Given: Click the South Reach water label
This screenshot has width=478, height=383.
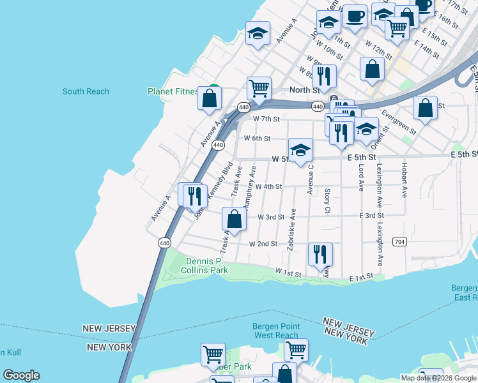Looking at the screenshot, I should pos(86,91).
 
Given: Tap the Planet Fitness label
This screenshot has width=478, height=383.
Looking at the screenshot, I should pos(173,91).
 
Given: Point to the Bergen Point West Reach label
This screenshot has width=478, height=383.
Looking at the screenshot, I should pos(275,331).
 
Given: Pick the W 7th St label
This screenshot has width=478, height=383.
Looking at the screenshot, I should pos(266,119).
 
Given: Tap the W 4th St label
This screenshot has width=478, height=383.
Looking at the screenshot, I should pos(268,186).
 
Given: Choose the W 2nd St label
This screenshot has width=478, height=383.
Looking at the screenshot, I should pos(263,244).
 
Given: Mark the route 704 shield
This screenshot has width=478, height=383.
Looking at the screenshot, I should pos(400,242).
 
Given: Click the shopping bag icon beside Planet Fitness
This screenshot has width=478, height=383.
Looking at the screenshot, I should pos(209,99).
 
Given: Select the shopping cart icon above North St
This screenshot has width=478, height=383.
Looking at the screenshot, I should pos(259,88).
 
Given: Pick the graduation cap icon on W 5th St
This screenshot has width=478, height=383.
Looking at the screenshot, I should pos(300,150).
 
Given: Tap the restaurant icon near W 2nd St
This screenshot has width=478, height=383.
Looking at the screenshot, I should pos(320,254).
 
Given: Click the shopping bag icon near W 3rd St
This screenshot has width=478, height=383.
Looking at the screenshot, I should pos(235,219).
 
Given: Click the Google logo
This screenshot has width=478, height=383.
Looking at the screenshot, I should pos(21,375).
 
